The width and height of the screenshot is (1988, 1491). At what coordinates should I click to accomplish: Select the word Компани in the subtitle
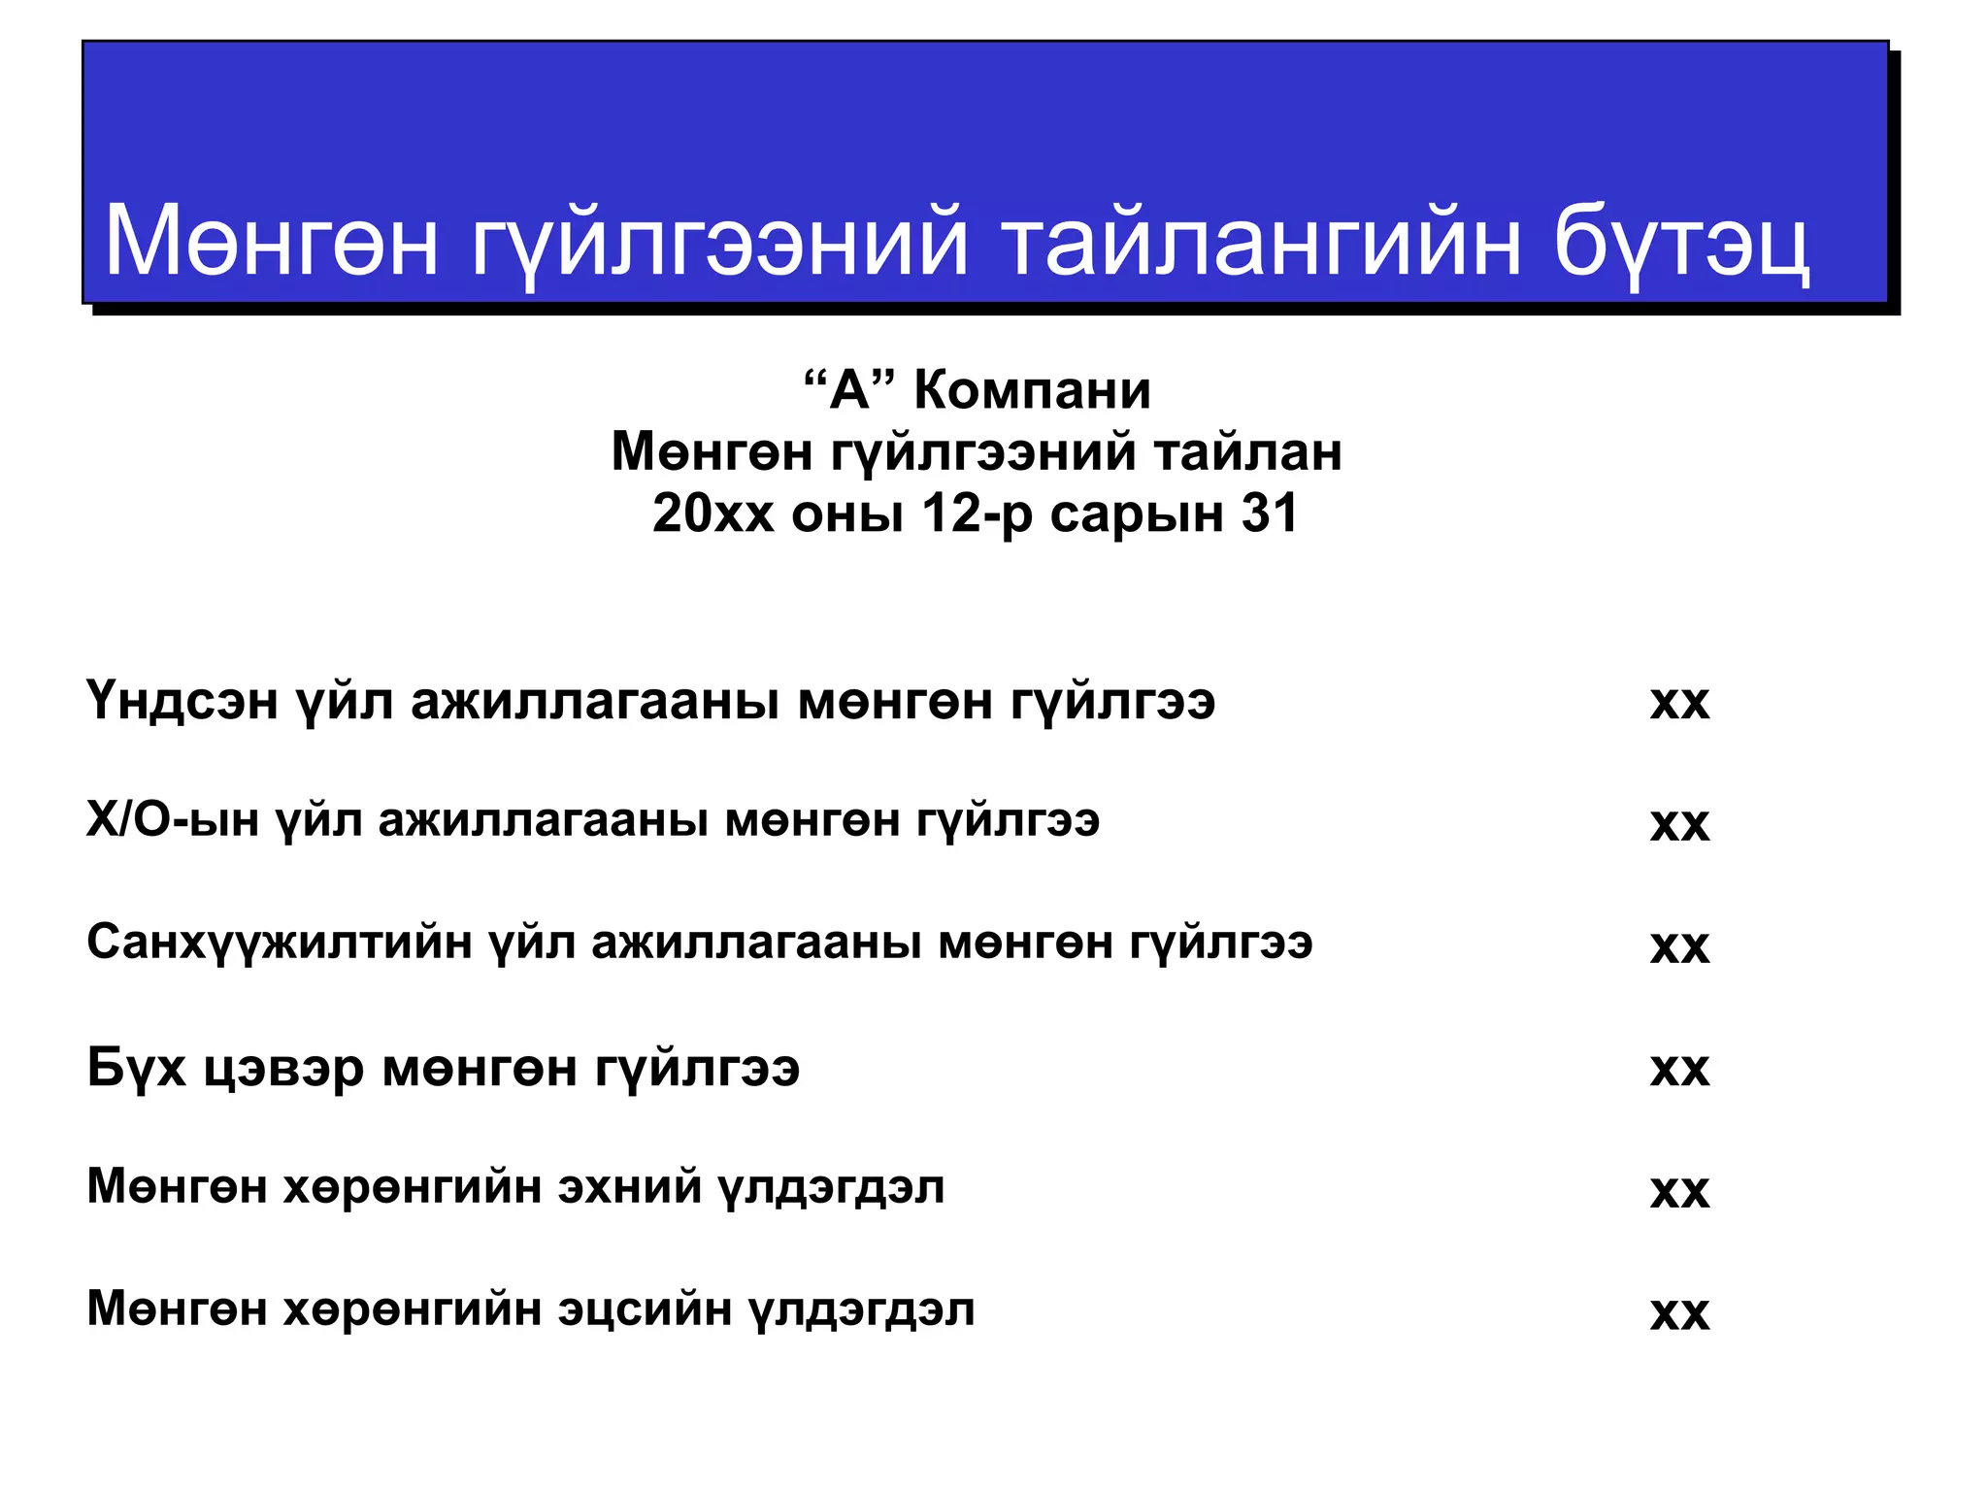[x=1032, y=391]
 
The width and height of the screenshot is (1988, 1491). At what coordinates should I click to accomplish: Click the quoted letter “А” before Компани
[x=848, y=391]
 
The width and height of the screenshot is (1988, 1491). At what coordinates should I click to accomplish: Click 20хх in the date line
[x=713, y=514]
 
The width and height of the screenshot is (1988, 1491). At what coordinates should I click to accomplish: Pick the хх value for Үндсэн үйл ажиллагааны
[x=1679, y=702]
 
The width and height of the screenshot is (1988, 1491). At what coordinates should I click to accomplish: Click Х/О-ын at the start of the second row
[x=173, y=821]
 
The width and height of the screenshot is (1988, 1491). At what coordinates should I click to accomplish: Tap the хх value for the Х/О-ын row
[x=1679, y=824]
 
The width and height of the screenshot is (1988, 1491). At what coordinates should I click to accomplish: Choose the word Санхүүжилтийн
[x=280, y=943]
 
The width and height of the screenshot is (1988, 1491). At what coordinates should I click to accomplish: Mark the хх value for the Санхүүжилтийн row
[x=1679, y=946]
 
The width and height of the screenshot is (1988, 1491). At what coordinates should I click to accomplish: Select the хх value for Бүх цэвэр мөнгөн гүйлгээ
[x=1679, y=1069]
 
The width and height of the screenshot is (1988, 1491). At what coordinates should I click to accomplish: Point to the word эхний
[x=629, y=1187]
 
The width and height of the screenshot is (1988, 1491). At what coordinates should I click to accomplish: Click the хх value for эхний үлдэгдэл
[x=1679, y=1191]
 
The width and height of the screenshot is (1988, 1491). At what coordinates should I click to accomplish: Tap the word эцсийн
[x=645, y=1309]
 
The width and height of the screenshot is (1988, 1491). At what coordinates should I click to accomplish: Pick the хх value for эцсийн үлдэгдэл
[x=1679, y=1313]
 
